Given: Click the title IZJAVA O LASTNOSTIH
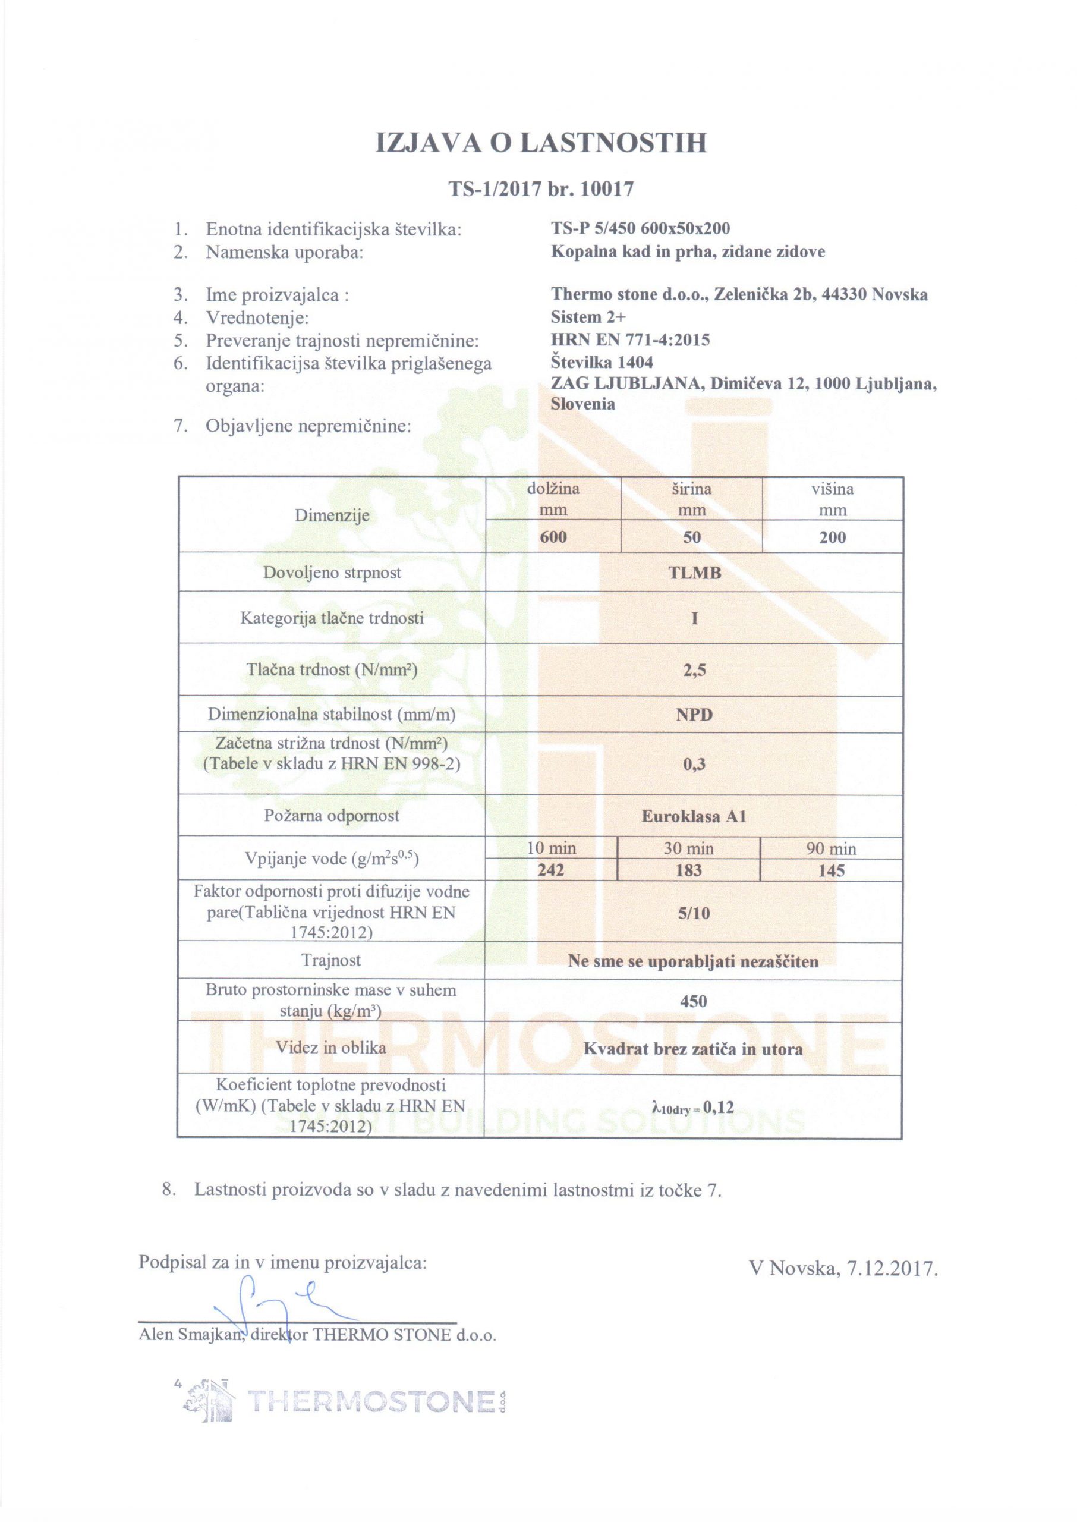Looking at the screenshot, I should (x=540, y=143).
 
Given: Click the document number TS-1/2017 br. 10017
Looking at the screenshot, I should (x=540, y=190).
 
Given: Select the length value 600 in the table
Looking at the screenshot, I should (x=553, y=537).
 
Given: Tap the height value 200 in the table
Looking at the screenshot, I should (x=832, y=537).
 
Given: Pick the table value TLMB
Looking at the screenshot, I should (x=694, y=573).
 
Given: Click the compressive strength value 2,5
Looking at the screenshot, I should (x=694, y=671).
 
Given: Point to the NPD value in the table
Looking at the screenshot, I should (x=694, y=715).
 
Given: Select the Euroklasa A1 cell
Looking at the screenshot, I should (x=694, y=816).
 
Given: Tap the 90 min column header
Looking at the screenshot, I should (x=831, y=849).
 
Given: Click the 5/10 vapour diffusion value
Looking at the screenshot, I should (x=694, y=913).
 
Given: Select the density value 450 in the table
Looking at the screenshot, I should (x=694, y=1001).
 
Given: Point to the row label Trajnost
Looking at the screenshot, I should (x=331, y=960).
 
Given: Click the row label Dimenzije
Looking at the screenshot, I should (x=332, y=515).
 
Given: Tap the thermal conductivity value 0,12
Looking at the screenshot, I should (x=719, y=1106).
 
